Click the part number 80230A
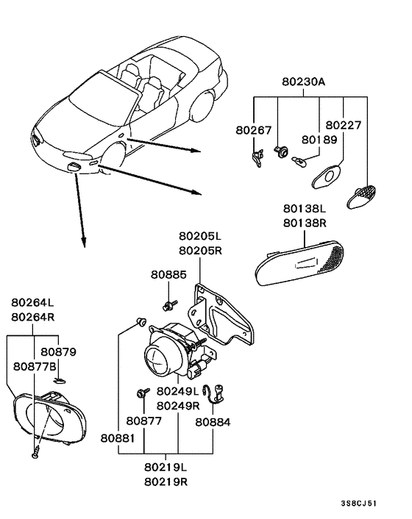tap(302, 83)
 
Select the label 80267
tap(252, 129)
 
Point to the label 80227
tap(343, 126)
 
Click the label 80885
tap(168, 274)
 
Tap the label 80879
tap(58, 352)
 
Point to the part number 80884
tap(213, 422)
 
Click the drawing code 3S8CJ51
tap(359, 505)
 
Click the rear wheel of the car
tap(196, 108)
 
